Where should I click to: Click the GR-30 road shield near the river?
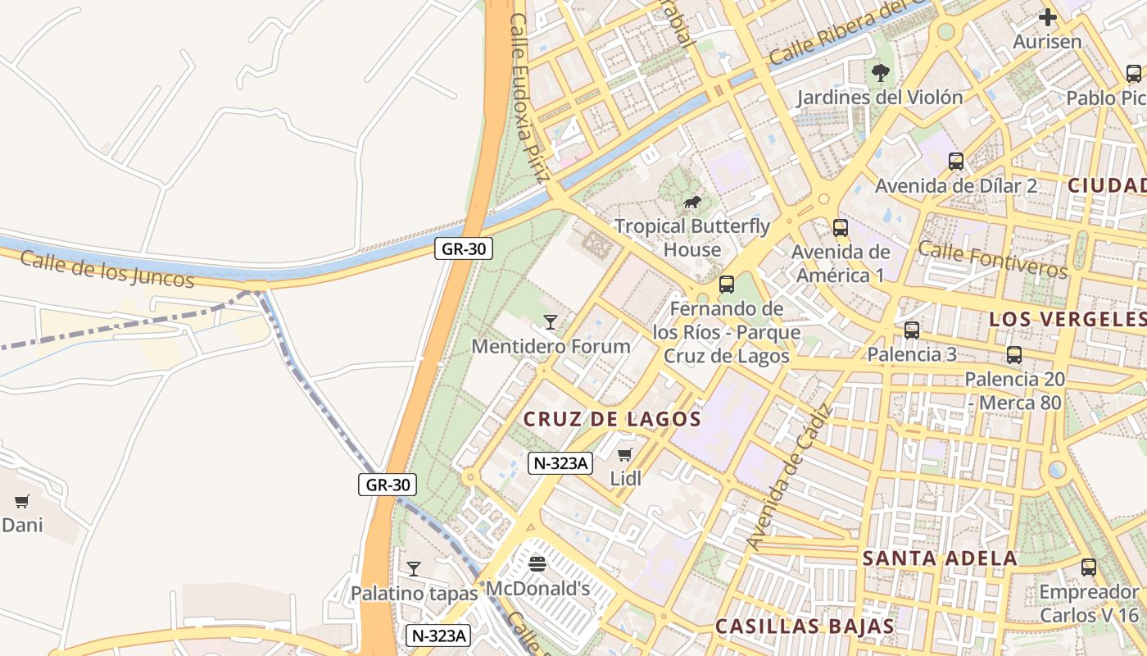click(463, 248)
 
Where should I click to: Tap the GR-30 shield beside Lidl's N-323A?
click(388, 485)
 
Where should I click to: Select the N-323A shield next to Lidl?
click(560, 463)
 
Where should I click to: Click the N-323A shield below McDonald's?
click(438, 635)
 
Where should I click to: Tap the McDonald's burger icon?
click(537, 563)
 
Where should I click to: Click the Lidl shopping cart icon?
click(625, 454)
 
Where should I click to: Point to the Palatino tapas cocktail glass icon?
click(414, 568)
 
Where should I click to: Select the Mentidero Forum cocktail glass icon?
click(551, 321)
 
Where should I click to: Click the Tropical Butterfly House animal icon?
click(692, 202)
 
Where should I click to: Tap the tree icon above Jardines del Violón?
click(881, 73)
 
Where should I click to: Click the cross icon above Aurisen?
click(1047, 16)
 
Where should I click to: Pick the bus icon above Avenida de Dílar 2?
click(955, 161)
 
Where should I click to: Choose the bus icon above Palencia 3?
click(911, 330)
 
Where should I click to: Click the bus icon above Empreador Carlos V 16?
click(1088, 567)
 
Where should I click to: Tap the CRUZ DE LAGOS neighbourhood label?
click(612, 419)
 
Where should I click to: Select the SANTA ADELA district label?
click(940, 558)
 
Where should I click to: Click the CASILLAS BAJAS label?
click(805, 626)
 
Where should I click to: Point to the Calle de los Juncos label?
click(107, 269)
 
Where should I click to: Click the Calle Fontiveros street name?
click(992, 259)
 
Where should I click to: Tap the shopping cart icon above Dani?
click(22, 501)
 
